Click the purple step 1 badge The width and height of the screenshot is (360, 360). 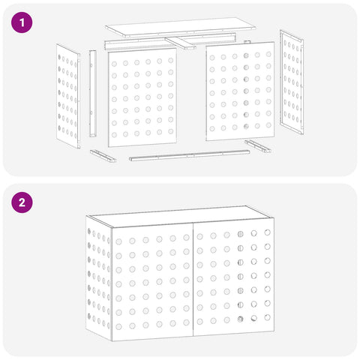coord(22,22)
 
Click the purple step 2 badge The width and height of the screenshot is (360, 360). coord(22,202)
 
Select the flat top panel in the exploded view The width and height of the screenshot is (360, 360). coord(180,28)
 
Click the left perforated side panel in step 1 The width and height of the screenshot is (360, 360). coord(68,96)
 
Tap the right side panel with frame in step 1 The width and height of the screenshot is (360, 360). coord(292,82)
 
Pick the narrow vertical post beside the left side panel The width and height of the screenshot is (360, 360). coord(93,94)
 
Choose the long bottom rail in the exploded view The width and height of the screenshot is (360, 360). coord(189,155)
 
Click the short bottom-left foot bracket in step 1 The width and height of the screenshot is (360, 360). coord(103,156)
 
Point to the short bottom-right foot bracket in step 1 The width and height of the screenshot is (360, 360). coord(258,146)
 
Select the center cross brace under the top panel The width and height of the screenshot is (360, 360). coord(180,43)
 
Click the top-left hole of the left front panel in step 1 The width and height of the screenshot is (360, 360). coord(114,64)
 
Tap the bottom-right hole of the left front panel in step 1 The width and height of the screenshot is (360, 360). coord(171,131)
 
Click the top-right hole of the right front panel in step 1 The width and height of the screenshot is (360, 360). coord(268,54)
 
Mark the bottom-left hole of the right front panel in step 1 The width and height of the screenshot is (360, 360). coord(212,129)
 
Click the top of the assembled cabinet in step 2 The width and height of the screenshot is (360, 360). coord(180,216)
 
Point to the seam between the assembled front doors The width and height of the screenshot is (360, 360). coord(193,280)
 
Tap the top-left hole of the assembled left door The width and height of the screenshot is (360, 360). coord(118,241)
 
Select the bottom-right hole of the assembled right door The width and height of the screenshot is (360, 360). coord(267,317)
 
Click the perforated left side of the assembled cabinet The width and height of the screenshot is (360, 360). coord(99,278)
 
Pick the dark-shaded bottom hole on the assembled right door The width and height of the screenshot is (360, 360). coord(240,319)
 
